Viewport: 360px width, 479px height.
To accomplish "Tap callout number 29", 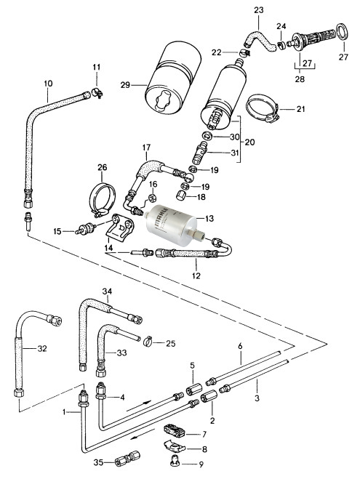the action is (x=125, y=85).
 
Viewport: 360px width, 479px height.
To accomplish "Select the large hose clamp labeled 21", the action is (x=263, y=108).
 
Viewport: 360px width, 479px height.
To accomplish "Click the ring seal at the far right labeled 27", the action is (x=343, y=32).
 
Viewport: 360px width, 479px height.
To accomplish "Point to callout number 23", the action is (x=258, y=10).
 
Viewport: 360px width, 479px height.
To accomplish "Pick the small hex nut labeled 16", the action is (x=152, y=198).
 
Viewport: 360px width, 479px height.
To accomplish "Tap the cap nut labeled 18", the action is (x=182, y=195).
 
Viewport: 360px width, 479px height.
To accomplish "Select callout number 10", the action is (x=48, y=84).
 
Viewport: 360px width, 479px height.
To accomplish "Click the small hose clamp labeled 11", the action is (x=97, y=92).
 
